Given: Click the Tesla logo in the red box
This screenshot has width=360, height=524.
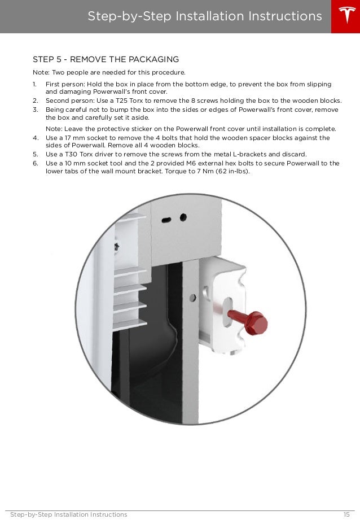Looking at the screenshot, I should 345,16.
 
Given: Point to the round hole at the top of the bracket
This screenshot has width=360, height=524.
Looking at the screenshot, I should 183,217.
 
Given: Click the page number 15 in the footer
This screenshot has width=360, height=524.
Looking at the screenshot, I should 346,514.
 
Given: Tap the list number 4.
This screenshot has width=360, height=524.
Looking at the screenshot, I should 35,138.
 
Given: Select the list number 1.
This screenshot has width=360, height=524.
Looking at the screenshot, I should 35,84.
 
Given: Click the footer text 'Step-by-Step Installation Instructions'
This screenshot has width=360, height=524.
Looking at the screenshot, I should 69,514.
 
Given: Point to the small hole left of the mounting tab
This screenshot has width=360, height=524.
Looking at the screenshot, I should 194,296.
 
